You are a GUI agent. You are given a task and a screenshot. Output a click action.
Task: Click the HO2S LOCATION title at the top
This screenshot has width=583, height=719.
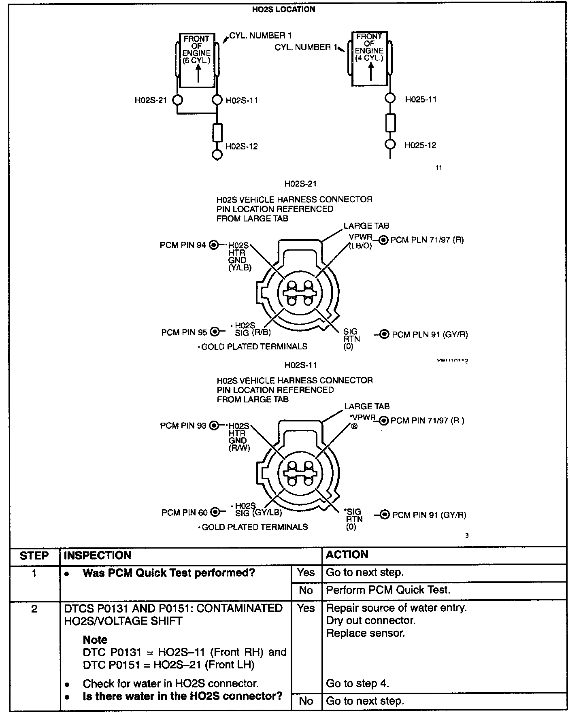(283, 9)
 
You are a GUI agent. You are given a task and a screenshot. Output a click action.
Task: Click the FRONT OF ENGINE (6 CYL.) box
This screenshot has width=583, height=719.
(197, 60)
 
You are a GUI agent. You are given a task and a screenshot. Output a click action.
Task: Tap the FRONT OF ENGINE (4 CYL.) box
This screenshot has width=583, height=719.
(369, 59)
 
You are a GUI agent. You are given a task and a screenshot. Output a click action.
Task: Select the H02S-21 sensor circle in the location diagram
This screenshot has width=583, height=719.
(177, 100)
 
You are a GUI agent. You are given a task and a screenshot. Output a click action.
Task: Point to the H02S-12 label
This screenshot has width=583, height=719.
(241, 147)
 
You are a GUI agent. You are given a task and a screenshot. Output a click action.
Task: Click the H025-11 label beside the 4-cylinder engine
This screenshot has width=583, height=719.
(421, 100)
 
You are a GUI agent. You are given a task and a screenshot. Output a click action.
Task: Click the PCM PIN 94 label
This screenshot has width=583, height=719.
(183, 245)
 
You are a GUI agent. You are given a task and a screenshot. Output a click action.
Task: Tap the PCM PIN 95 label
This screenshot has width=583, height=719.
(184, 332)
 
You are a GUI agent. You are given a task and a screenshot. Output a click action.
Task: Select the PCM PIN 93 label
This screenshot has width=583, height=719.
(183, 425)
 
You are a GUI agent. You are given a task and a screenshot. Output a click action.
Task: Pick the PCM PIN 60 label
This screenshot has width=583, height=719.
(184, 513)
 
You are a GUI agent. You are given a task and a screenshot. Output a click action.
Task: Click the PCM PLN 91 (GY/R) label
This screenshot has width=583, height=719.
(430, 334)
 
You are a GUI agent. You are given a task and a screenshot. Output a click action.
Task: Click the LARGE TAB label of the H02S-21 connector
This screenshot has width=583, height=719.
(366, 226)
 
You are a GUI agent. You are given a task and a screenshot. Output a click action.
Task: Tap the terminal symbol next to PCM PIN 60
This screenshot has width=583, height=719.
(215, 513)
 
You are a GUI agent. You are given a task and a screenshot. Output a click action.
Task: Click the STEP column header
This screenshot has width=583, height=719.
(34, 555)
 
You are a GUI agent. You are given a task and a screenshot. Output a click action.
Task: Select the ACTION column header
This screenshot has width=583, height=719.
(347, 555)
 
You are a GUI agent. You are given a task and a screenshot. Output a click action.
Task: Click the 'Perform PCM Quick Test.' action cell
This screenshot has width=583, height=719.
(388, 590)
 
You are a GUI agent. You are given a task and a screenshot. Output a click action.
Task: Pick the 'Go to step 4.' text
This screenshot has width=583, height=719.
(357, 683)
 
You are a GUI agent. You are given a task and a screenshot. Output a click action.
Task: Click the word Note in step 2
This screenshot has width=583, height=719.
(95, 640)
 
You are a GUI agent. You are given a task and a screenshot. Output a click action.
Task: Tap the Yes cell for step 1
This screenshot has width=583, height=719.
(306, 572)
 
